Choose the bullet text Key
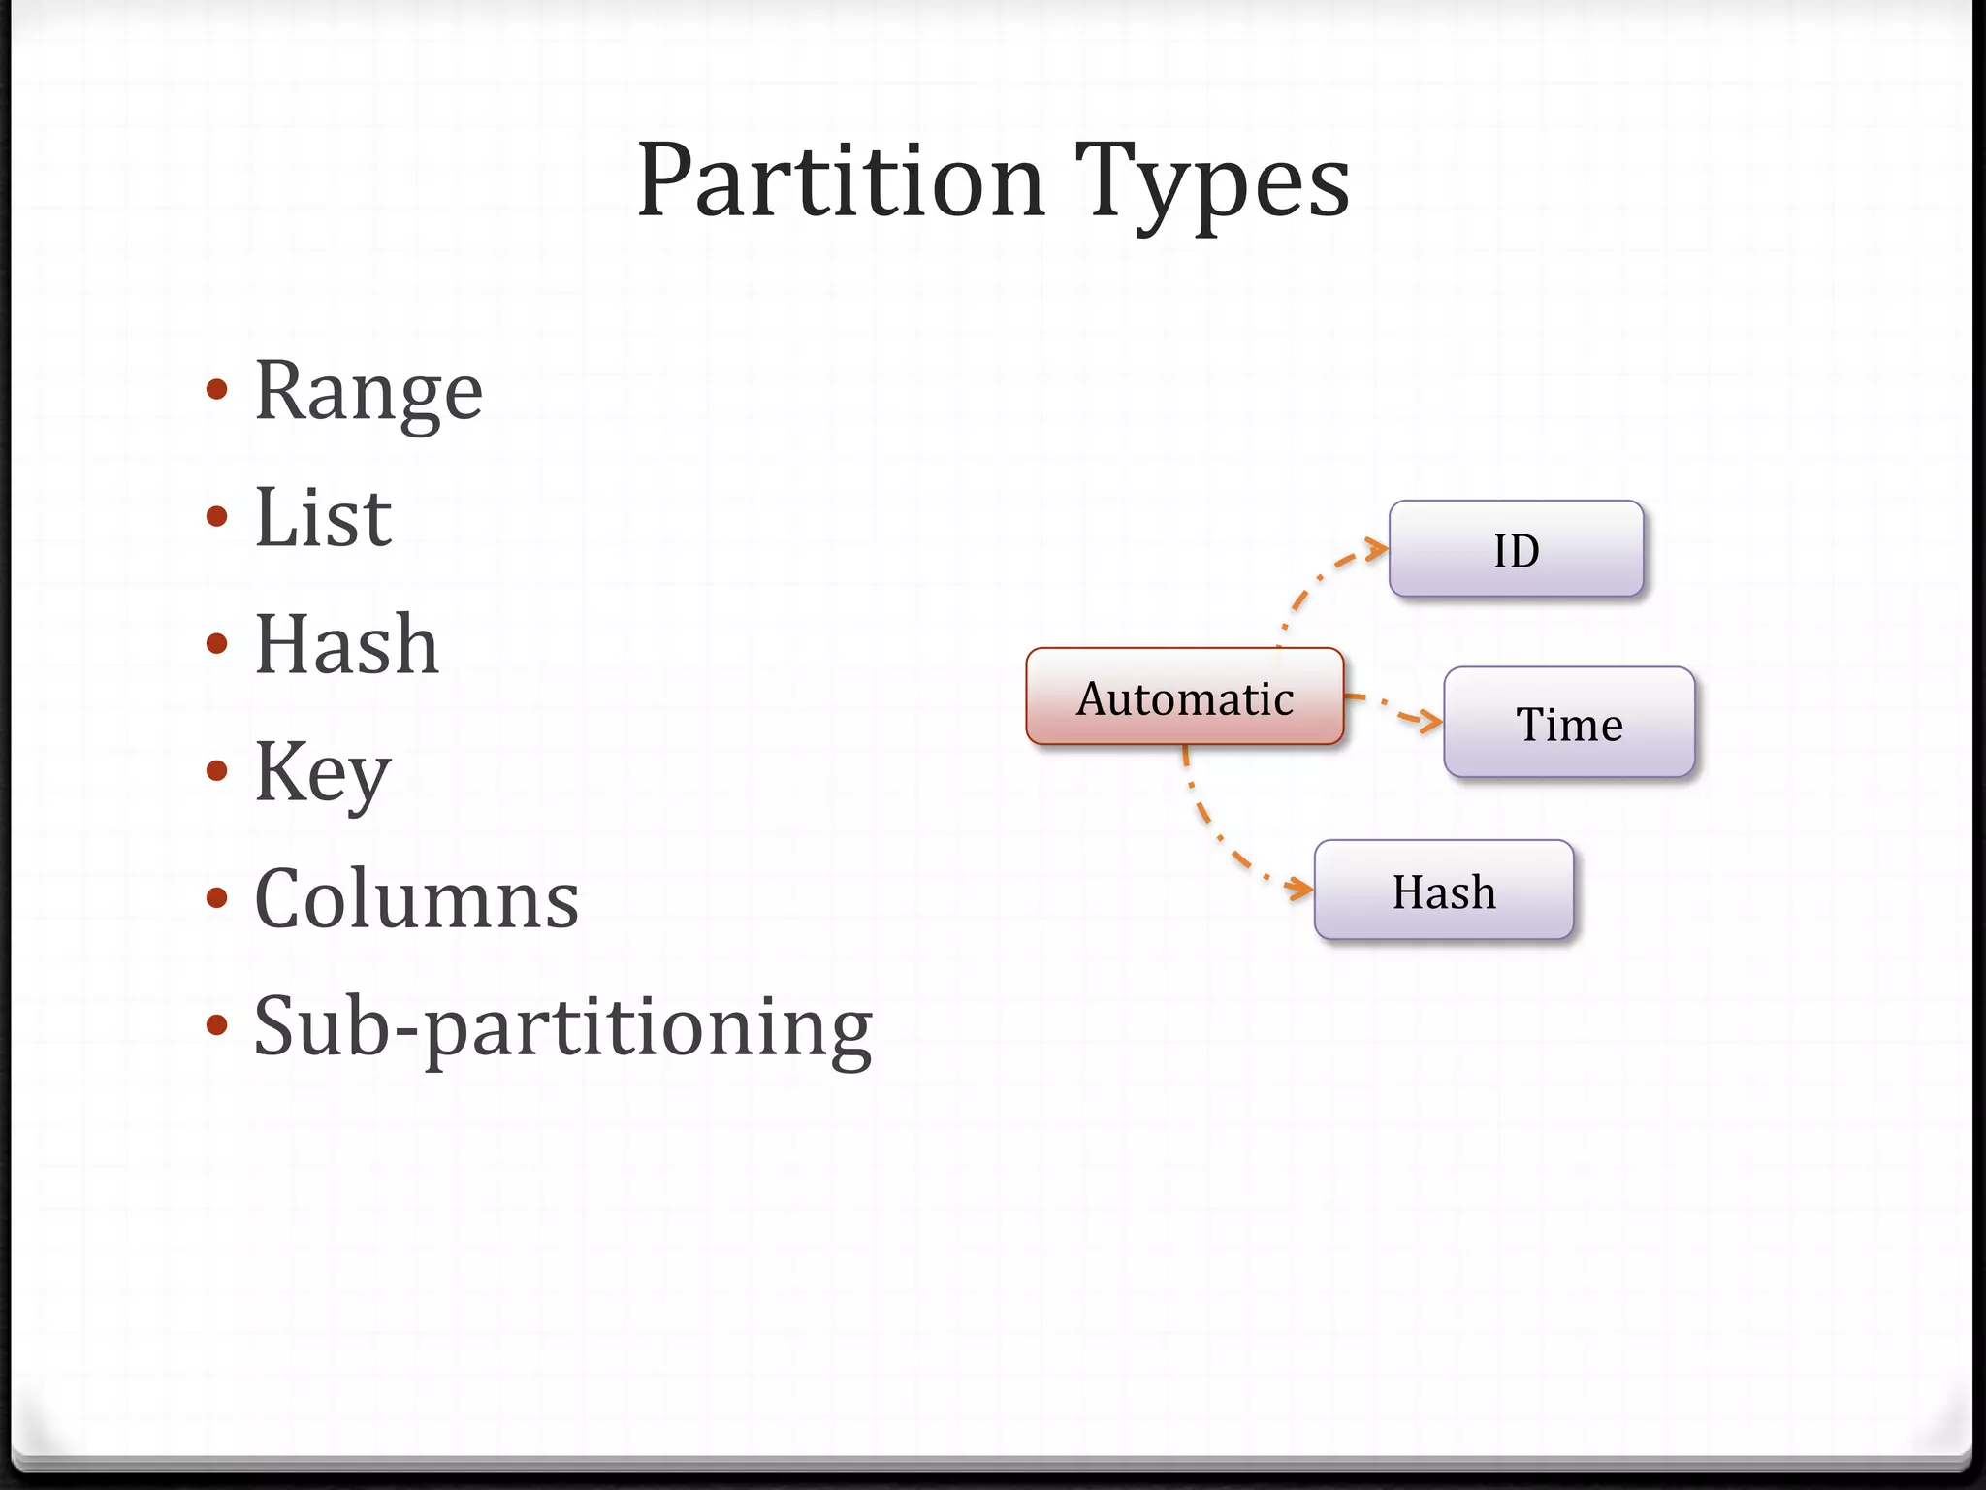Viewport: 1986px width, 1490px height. [x=322, y=772]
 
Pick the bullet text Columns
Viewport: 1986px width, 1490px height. [x=416, y=899]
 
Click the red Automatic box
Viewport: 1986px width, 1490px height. [x=1185, y=696]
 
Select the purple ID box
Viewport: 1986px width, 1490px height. [x=1516, y=549]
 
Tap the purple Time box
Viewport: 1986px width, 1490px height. [x=1569, y=723]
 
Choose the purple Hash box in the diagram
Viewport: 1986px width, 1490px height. [x=1443, y=891]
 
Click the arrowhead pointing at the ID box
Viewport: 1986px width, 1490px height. [x=1378, y=550]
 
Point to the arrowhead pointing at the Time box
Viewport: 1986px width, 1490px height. [x=1430, y=721]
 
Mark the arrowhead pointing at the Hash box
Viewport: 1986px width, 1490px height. [x=1301, y=888]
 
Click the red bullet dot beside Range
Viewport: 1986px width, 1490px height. [x=217, y=390]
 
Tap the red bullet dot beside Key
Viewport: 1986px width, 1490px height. [x=217, y=771]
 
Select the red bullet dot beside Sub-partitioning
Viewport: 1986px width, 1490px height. [x=217, y=1025]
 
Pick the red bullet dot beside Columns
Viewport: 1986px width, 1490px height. [x=217, y=898]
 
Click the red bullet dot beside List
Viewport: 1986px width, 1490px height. [x=217, y=516]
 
